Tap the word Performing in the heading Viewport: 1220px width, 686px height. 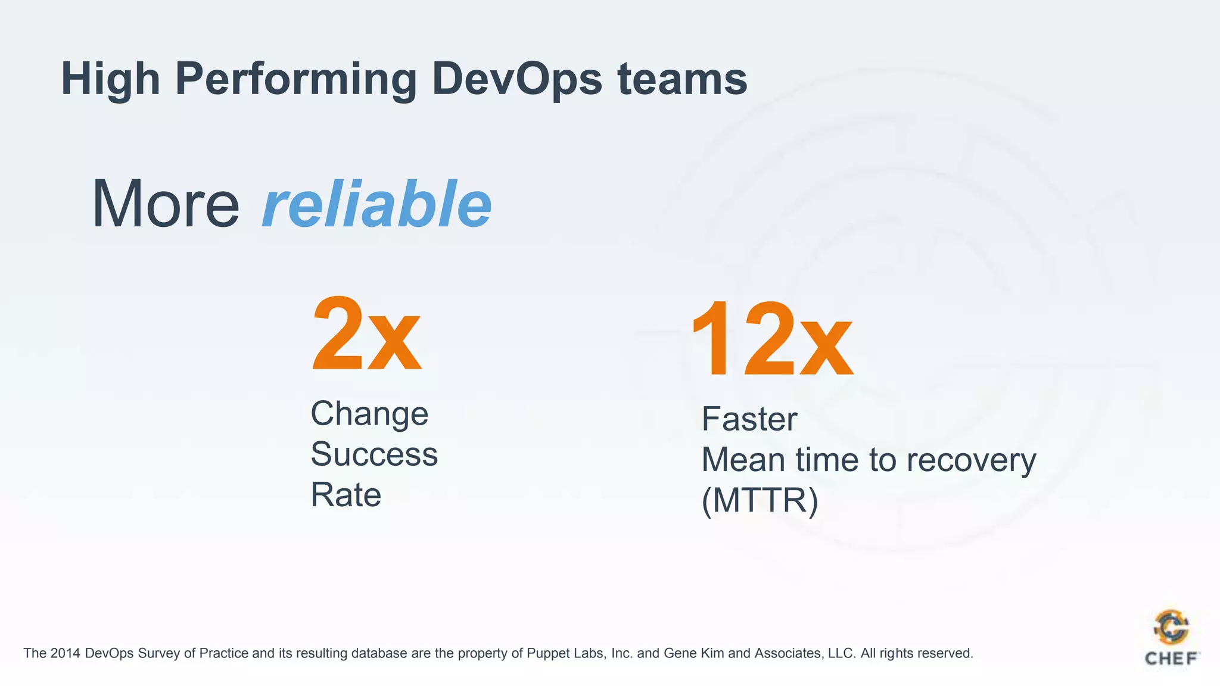coord(296,80)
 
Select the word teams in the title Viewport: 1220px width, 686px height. coord(682,79)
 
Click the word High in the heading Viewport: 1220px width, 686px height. coord(111,80)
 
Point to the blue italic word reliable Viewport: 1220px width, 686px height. coord(376,204)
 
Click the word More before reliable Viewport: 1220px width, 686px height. coord(166,204)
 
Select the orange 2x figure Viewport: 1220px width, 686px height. coord(366,335)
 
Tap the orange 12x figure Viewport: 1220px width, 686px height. coord(771,340)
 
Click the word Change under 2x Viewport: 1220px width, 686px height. coord(369,414)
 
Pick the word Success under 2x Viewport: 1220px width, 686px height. coord(374,454)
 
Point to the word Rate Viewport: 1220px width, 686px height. coord(346,495)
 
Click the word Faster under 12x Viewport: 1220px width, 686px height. coord(749,419)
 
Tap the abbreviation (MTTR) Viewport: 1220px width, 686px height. coord(760,501)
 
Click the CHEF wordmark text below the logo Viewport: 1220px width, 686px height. coord(1171,659)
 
